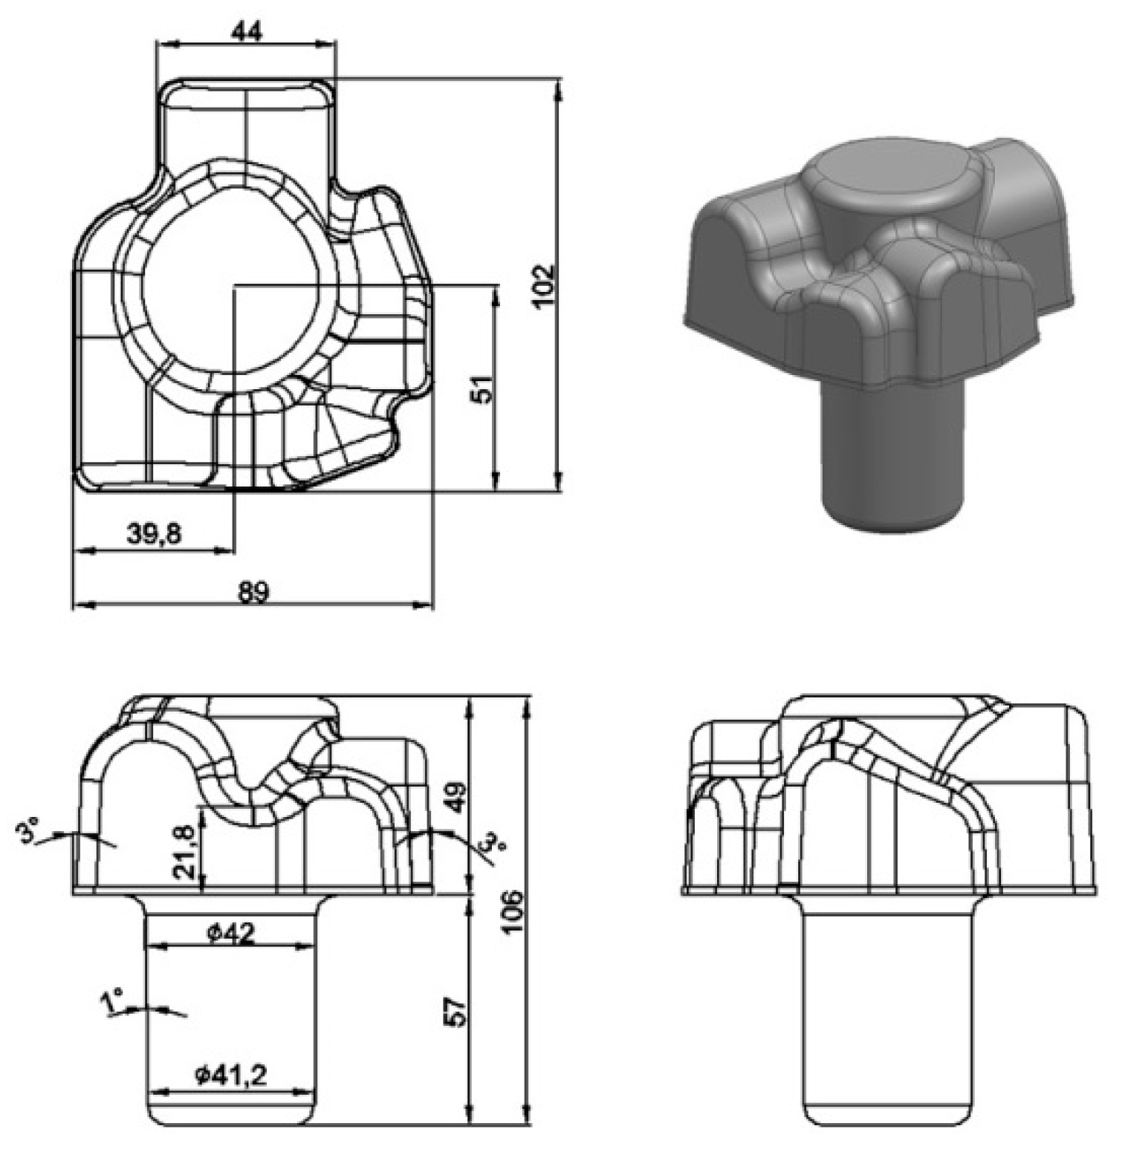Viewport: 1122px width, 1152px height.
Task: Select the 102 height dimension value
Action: point(544,284)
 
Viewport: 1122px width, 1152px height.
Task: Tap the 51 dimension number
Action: point(483,388)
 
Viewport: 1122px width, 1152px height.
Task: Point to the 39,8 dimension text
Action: point(154,533)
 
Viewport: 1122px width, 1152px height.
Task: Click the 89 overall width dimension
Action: point(253,592)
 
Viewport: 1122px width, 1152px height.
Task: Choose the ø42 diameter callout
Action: point(231,933)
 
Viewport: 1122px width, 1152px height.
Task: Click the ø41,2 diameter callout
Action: point(231,1075)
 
